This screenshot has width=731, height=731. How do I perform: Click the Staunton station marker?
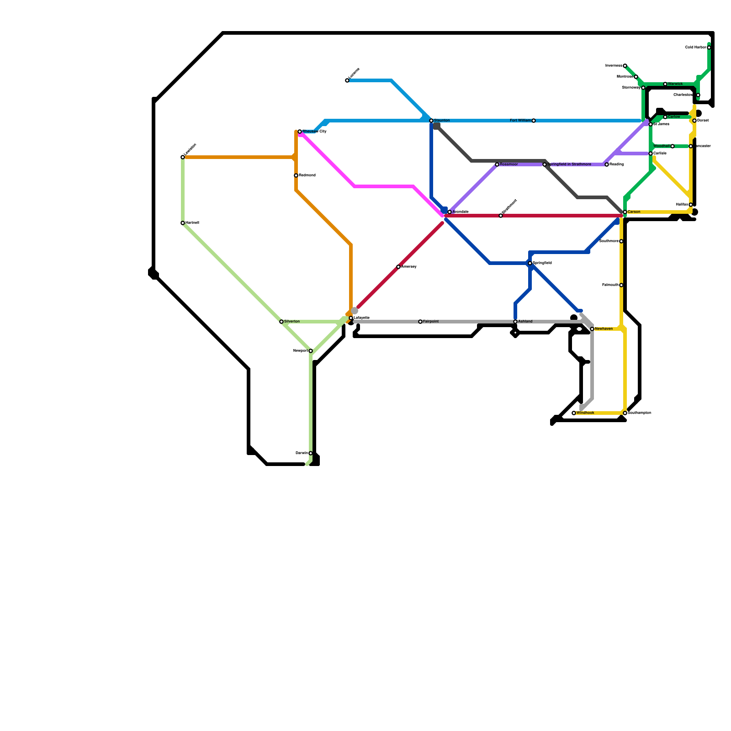pyautogui.click(x=431, y=121)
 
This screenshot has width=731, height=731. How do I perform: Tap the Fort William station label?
pyautogui.click(x=520, y=121)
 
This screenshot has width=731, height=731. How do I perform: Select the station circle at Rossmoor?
pyautogui.click(x=497, y=164)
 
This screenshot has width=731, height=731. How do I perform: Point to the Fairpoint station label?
pyautogui.click(x=431, y=322)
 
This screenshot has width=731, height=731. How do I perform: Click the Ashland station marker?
pyautogui.click(x=515, y=322)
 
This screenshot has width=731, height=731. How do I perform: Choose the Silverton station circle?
pyautogui.click(x=281, y=322)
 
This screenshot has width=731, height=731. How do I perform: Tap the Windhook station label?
pyautogui.click(x=585, y=413)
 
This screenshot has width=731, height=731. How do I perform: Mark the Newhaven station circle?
pyautogui.click(x=592, y=329)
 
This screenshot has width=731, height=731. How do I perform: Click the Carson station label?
pyautogui.click(x=634, y=212)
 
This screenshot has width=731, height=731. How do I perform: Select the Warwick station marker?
pyautogui.click(x=665, y=84)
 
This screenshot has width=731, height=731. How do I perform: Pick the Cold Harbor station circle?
pyautogui.click(x=709, y=48)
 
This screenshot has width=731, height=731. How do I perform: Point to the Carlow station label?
pyautogui.click(x=674, y=117)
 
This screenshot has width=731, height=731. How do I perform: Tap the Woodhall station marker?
pyautogui.click(x=673, y=146)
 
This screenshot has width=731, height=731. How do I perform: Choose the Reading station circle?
pyautogui.click(x=607, y=164)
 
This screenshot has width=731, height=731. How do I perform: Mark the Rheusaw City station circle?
pyautogui.click(x=300, y=132)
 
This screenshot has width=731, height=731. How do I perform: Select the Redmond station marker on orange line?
pyautogui.click(x=296, y=175)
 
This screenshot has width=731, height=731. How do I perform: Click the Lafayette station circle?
pyautogui.click(x=351, y=318)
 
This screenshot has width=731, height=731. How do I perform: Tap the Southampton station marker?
pyautogui.click(x=625, y=413)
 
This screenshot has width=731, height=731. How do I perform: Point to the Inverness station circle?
pyautogui.click(x=625, y=66)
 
